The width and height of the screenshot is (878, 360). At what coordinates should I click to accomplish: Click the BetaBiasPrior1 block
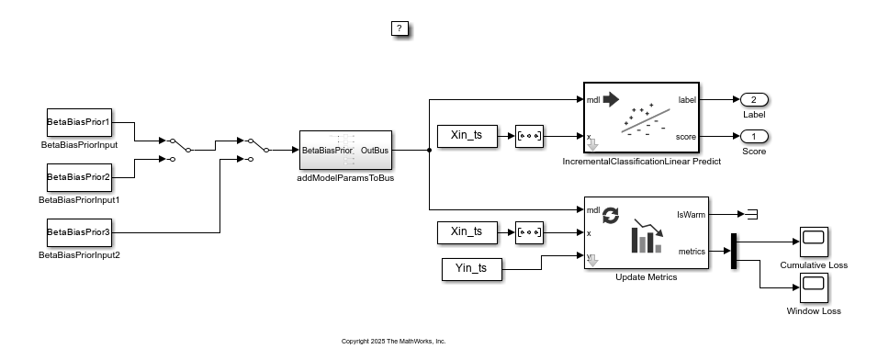pos(79,122)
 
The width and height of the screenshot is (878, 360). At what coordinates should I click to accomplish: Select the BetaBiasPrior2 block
pos(79,176)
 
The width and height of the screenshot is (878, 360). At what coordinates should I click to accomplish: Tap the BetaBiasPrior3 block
pos(79,233)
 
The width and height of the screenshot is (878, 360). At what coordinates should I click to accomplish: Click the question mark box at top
pos(400,28)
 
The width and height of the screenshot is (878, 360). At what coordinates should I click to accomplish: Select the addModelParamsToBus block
pos(345,151)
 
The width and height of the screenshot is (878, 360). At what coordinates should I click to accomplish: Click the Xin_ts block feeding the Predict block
pos(467,136)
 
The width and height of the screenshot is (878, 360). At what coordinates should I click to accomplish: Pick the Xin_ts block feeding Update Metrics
pos(467,232)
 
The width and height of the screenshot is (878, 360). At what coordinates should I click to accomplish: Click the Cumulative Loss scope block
pos(813,242)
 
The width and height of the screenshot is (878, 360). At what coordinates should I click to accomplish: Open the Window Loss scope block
pos(813,288)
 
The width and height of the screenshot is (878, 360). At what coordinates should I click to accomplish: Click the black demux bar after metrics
pos(734,252)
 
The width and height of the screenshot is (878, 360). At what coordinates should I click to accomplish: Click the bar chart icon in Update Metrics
pos(647,241)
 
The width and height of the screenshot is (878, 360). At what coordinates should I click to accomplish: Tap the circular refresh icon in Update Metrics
pos(610,216)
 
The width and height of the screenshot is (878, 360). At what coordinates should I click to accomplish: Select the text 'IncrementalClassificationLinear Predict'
pos(642,162)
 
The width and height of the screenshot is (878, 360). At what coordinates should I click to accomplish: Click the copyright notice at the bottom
pos(393,341)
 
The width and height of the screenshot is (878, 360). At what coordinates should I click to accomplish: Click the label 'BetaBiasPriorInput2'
pos(79,254)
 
